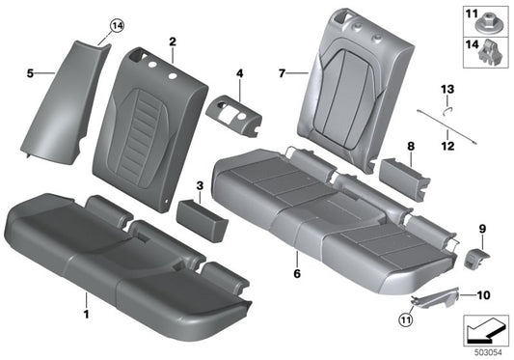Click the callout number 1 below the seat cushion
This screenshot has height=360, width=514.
pyautogui.click(x=86, y=314)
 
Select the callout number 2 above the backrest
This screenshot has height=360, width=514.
pyautogui.click(x=172, y=42)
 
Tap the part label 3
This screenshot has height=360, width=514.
pyautogui.click(x=198, y=183)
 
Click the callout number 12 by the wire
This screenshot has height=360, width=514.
pyautogui.click(x=446, y=147)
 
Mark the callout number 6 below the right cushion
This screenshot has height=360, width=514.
pyautogui.click(x=296, y=274)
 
